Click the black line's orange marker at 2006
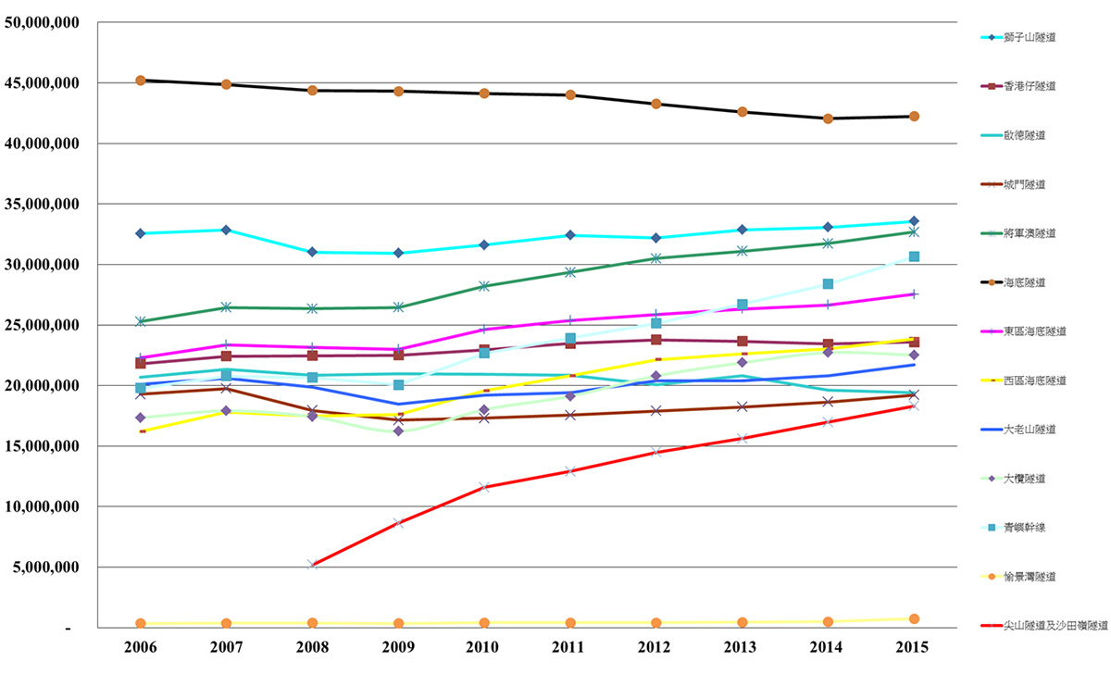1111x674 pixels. pos(141,81)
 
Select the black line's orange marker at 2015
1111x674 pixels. pos(914,117)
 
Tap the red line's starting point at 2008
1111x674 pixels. pos(313,564)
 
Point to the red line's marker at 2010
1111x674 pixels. pos(484,487)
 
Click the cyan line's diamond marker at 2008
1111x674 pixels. pos(313,252)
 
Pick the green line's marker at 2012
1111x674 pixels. pos(655,258)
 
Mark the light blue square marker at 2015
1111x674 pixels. pos(914,256)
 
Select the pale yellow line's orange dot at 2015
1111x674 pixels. pos(914,618)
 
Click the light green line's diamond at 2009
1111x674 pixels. pos(398,431)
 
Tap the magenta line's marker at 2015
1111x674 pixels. pos(914,294)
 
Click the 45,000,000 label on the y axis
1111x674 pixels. pos(43,83)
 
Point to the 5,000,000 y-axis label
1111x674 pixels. pos(46,568)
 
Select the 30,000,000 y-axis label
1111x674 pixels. pos(43,265)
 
